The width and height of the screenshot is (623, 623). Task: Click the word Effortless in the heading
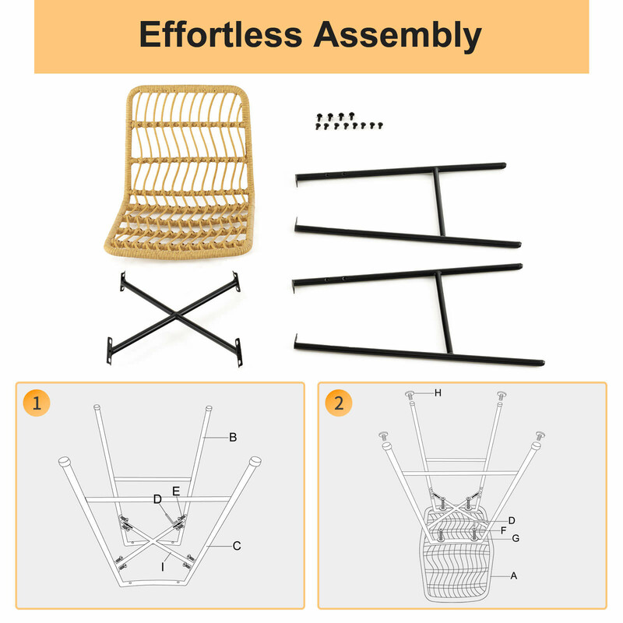tap(220, 34)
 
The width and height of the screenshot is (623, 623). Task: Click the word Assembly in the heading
tap(398, 36)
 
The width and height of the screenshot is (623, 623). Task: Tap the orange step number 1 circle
tap(37, 403)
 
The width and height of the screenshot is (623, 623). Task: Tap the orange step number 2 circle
tap(339, 403)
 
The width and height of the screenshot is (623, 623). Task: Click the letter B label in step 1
tap(233, 438)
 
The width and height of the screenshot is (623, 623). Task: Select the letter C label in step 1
tap(237, 546)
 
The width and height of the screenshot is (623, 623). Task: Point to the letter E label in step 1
tap(176, 491)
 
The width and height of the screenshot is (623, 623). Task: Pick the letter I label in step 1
tap(163, 567)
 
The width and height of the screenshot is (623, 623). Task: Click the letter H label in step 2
tap(438, 393)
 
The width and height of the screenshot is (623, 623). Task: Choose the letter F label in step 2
tap(503, 530)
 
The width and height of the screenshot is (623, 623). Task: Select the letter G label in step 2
tap(516, 538)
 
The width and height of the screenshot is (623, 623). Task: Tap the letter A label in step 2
tap(514, 575)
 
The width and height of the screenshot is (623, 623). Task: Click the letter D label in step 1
tap(157, 499)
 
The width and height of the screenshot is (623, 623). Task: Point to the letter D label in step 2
tap(512, 520)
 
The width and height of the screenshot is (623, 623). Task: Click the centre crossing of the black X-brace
tap(176, 315)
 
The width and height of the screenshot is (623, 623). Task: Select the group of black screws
tap(349, 121)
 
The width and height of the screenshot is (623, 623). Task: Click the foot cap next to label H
tap(410, 395)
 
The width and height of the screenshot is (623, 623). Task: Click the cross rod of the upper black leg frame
tap(439, 202)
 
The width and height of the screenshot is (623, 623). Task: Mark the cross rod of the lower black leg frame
tap(444, 312)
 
